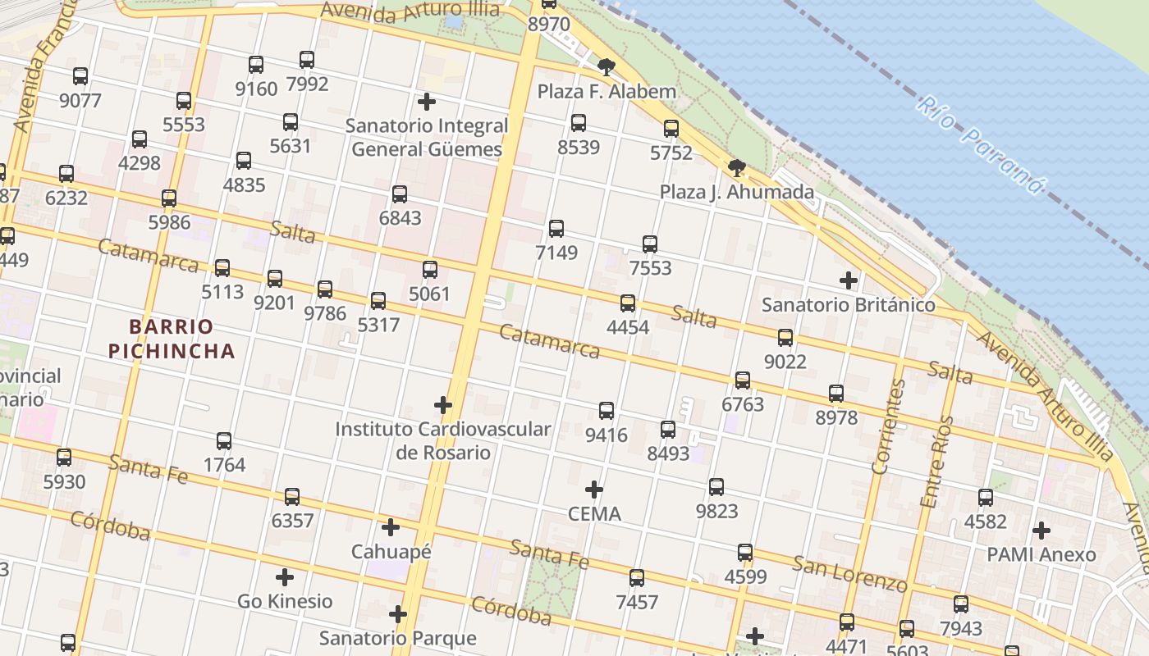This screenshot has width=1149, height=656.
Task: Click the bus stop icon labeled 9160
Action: (x=256, y=65)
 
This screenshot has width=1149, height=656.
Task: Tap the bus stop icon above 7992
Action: (x=307, y=60)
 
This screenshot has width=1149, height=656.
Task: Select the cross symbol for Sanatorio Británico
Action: (x=849, y=280)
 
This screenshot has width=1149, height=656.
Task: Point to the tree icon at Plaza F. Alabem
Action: (x=607, y=67)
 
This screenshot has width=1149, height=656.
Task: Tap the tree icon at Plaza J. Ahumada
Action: (x=737, y=169)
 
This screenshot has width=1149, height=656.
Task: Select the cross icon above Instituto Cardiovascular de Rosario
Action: (x=443, y=405)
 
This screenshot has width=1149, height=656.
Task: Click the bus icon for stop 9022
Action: (x=785, y=338)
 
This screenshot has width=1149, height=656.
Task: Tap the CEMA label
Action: (x=594, y=514)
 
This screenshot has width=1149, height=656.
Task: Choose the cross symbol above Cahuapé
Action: (x=391, y=527)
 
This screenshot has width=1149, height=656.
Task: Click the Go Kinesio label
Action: (x=285, y=601)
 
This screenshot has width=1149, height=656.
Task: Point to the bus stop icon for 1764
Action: (x=224, y=441)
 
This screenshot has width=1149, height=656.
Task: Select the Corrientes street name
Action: (x=890, y=427)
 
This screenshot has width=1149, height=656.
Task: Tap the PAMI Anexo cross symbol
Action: (x=1041, y=531)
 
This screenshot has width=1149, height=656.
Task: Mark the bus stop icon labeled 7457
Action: (x=637, y=578)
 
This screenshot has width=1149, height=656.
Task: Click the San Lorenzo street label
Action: (x=849, y=572)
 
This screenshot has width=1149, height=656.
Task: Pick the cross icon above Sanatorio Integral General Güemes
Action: (x=427, y=102)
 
